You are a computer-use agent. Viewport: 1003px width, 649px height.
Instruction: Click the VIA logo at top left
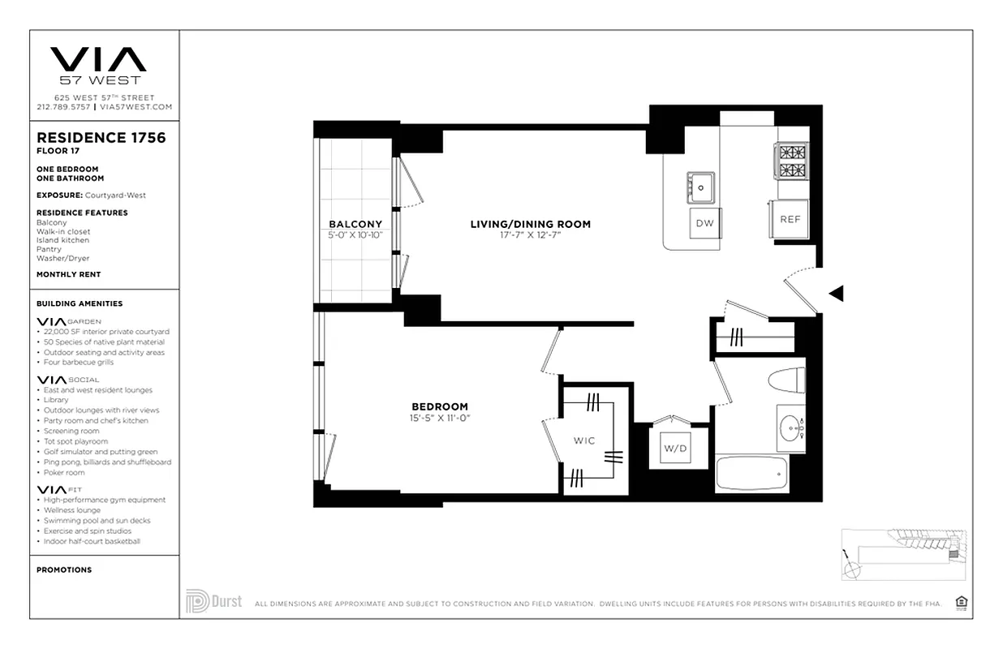[x=98, y=59]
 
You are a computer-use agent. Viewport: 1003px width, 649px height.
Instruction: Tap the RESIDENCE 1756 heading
[x=101, y=138]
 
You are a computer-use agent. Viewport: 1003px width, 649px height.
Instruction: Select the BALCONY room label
[x=355, y=225]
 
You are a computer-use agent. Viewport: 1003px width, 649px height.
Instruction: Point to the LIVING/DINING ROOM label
[x=531, y=224]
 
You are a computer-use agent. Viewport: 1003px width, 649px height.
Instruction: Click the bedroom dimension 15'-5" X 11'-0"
[x=441, y=419]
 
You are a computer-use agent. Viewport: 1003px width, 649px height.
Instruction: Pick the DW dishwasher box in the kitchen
[x=704, y=223]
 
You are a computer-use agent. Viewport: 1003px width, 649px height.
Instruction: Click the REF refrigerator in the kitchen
[x=790, y=219]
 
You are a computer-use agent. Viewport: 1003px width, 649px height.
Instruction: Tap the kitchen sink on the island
[x=700, y=187]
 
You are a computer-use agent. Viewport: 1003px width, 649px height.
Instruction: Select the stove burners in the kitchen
[x=793, y=161]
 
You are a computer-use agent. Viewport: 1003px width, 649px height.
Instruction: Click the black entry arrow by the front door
[x=835, y=294]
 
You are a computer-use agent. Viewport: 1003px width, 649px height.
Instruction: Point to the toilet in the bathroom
[x=787, y=380]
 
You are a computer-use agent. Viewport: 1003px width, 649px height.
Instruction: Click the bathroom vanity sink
[x=790, y=428]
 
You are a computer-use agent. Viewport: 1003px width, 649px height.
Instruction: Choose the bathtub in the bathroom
[x=751, y=472]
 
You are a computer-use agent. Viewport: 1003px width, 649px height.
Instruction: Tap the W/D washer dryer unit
[x=674, y=448]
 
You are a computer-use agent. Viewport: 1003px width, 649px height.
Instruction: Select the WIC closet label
[x=584, y=441]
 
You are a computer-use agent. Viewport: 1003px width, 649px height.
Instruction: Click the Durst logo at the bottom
[x=213, y=602]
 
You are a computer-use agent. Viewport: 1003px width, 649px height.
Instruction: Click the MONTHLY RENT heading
[x=68, y=275]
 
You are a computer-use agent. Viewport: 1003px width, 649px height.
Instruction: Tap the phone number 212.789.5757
[x=63, y=107]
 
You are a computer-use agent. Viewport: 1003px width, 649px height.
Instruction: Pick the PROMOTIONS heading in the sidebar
[x=64, y=570]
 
